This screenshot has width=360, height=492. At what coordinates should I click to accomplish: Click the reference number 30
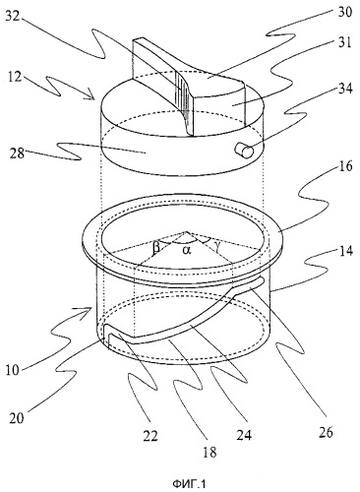[343, 12]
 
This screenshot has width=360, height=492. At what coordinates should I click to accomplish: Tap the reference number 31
[344, 43]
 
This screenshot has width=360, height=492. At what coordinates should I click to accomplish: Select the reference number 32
[14, 17]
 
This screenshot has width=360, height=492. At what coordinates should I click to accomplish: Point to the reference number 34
[344, 89]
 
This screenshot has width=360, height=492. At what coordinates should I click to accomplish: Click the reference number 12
[15, 77]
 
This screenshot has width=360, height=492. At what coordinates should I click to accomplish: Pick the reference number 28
[17, 153]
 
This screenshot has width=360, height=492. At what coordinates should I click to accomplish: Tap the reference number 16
[345, 166]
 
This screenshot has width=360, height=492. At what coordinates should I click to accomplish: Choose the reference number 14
[345, 251]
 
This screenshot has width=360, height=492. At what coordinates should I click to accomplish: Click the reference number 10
[13, 370]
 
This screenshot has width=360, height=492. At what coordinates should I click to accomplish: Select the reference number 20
[16, 418]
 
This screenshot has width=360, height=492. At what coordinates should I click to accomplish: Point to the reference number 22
[150, 436]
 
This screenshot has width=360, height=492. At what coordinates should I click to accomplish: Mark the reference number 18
[210, 453]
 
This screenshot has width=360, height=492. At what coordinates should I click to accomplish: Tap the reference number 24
[244, 435]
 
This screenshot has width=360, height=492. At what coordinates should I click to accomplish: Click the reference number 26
[326, 432]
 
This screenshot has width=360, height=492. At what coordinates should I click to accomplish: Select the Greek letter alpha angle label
[187, 250]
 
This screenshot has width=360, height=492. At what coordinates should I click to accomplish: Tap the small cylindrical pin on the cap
[244, 151]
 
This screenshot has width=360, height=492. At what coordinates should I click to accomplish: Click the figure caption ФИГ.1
[189, 483]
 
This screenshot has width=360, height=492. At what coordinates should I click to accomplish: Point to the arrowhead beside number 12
[92, 95]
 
